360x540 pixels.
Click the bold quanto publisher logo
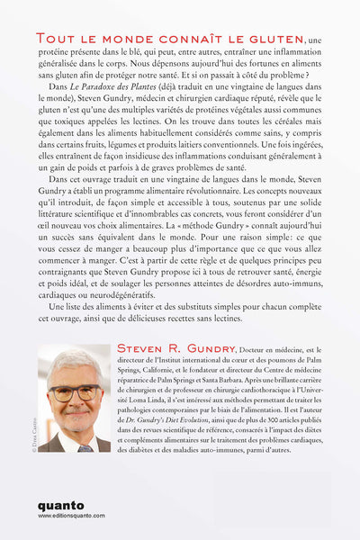pyautogui.click(x=59, y=506)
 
